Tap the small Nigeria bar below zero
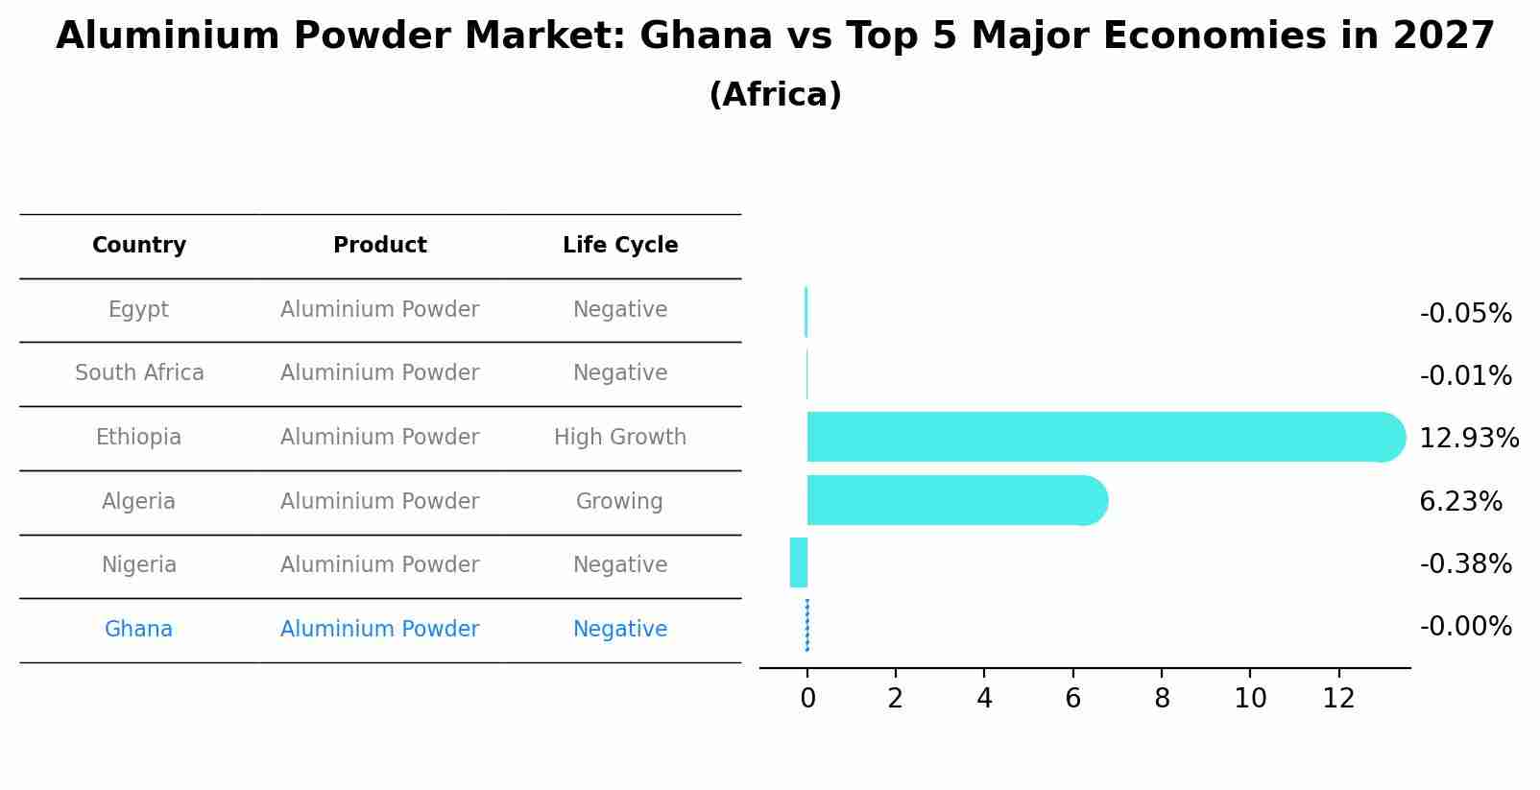coord(799,563)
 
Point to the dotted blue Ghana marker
coord(807,625)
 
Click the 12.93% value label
coord(1468,439)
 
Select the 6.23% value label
coord(1460,501)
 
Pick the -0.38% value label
coord(1465,563)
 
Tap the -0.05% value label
coord(1465,314)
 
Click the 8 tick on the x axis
coord(1162,699)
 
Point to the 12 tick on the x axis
coord(1338,699)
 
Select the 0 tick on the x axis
coord(807,699)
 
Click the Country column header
coord(139,246)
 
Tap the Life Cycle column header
coord(620,246)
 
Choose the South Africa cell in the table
coord(139,372)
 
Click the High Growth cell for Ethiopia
coord(620,437)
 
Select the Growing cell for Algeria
coord(619,501)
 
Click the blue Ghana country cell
coord(138,629)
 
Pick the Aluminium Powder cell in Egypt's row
coord(379,309)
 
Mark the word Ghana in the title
coord(706,36)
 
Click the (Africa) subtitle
coord(775,95)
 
